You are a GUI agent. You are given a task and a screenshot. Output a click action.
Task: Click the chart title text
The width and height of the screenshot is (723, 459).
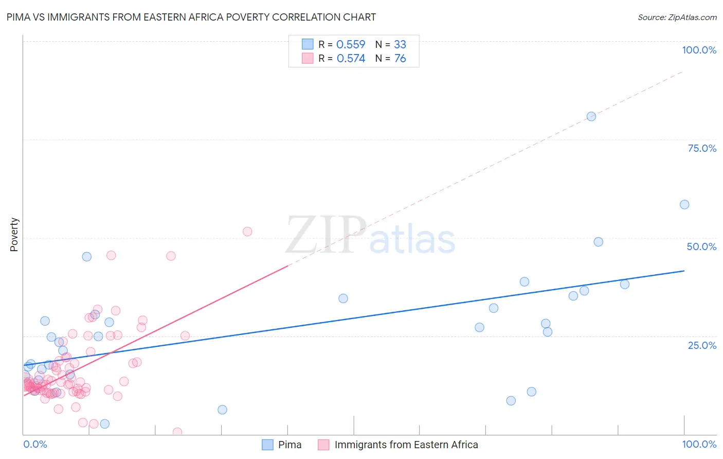pyautogui.click(x=191, y=17)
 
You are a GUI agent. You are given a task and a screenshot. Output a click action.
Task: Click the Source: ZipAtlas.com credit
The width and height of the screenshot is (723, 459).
pyautogui.click(x=677, y=17)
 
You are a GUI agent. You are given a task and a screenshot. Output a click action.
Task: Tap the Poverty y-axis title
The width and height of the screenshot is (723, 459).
pyautogui.click(x=14, y=235)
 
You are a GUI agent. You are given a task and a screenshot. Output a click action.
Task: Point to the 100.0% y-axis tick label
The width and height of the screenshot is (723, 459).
pyautogui.click(x=699, y=50)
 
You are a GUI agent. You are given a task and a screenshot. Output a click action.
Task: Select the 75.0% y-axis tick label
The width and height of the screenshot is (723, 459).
pyautogui.click(x=702, y=148)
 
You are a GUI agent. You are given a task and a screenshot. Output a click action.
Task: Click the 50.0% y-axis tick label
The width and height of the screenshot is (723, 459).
pyautogui.click(x=701, y=246)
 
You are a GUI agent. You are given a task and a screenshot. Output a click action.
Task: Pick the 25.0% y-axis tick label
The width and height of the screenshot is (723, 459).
pyautogui.click(x=702, y=345)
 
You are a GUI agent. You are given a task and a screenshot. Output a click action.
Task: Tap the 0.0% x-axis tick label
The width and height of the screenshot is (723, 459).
pyautogui.click(x=35, y=444)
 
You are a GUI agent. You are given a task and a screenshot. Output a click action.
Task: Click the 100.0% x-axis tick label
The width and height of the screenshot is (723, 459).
pyautogui.click(x=699, y=444)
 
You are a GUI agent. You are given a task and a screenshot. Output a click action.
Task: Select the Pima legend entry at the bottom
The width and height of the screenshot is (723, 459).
pyautogui.click(x=282, y=445)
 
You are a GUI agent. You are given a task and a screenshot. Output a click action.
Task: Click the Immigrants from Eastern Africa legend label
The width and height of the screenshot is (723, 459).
pyautogui.click(x=406, y=445)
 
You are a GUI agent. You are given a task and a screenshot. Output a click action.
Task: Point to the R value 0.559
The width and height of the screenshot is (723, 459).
pyautogui.click(x=351, y=45)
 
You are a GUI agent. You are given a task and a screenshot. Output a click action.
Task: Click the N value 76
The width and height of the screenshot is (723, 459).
pyautogui.click(x=400, y=59)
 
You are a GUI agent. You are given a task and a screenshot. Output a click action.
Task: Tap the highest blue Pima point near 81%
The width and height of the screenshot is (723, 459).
pyautogui.click(x=591, y=116)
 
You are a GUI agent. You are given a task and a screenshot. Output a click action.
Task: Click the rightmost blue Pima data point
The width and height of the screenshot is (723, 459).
pyautogui.click(x=684, y=205)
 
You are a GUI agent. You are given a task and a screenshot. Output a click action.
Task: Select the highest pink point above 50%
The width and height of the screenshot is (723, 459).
pyautogui.click(x=247, y=232)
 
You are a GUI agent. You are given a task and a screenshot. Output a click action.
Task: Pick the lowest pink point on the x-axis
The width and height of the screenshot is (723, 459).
pyautogui.click(x=177, y=432)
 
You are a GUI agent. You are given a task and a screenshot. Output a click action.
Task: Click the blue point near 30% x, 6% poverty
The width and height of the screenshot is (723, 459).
pyautogui.click(x=222, y=410)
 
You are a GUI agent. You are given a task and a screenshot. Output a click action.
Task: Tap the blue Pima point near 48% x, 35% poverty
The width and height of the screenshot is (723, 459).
pyautogui.click(x=343, y=298)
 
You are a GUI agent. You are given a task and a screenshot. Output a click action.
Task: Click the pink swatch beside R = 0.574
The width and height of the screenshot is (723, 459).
pyautogui.click(x=308, y=59)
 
